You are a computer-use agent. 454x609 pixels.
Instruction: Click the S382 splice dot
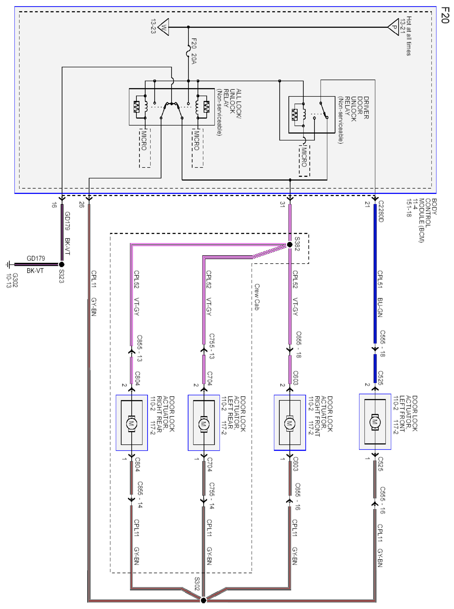click(290, 244)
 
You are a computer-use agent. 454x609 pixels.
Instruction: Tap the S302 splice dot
click(203, 600)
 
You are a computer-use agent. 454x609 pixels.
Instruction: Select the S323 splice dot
click(62, 264)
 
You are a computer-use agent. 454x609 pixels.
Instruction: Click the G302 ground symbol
click(9, 265)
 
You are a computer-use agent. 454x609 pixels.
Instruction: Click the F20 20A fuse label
click(194, 51)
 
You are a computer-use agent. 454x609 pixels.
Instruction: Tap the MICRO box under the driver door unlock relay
click(304, 161)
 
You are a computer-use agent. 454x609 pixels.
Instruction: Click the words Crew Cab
click(257, 297)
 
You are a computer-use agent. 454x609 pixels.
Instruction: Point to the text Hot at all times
click(409, 36)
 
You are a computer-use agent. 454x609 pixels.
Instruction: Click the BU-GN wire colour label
click(380, 307)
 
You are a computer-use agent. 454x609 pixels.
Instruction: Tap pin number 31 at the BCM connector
click(282, 204)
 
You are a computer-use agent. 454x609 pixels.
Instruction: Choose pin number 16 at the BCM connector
click(54, 205)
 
